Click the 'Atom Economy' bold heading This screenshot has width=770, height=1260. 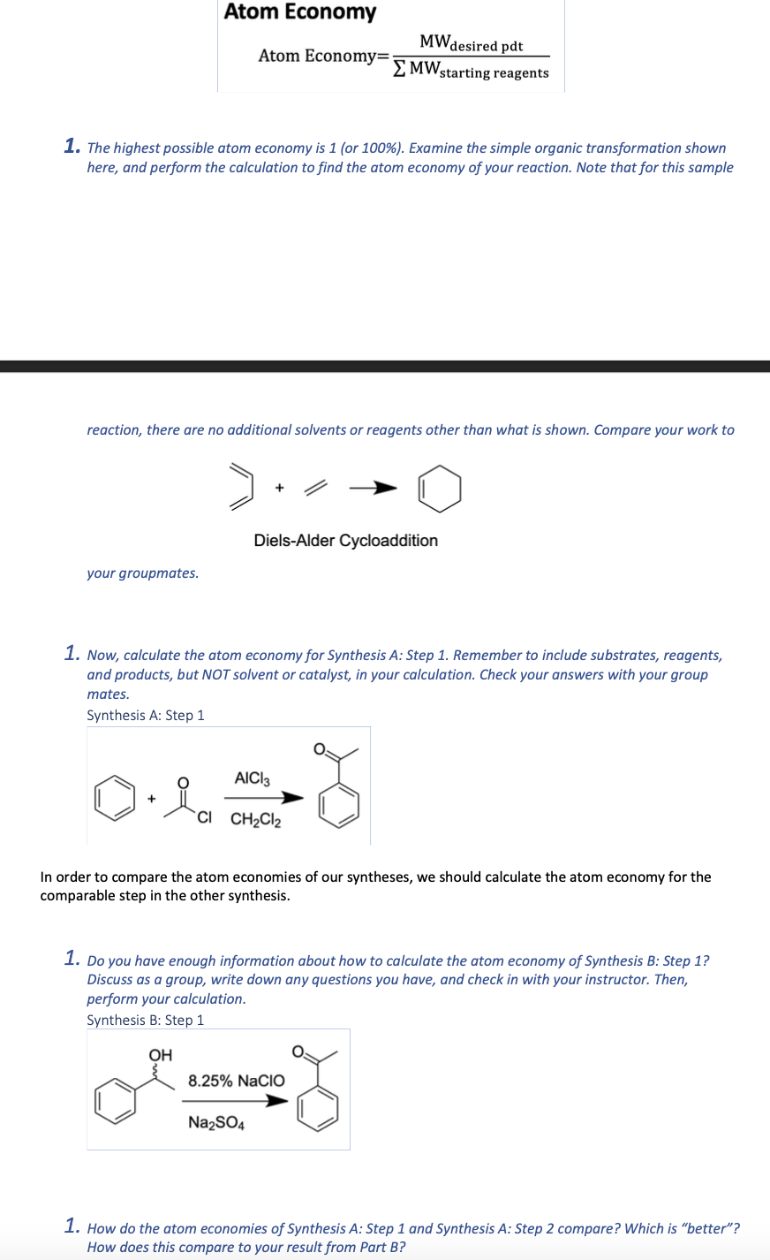pyautogui.click(x=299, y=12)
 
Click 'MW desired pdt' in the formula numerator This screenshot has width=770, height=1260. pyautogui.click(x=471, y=43)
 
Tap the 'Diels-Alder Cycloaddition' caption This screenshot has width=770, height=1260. pyautogui.click(x=345, y=540)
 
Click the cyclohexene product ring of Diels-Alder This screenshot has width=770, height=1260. pyautogui.click(x=440, y=490)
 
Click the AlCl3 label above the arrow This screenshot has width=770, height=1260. pyautogui.click(x=252, y=778)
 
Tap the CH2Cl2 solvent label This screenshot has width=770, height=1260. pyautogui.click(x=255, y=820)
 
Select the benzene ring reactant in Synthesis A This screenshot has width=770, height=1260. pyautogui.click(x=116, y=800)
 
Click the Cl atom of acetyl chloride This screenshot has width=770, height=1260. pyautogui.click(x=204, y=816)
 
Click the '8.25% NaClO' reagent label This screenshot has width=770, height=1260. pyautogui.click(x=236, y=1081)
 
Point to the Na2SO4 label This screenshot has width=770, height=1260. pyautogui.click(x=215, y=1123)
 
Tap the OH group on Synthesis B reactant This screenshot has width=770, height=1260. pyautogui.click(x=160, y=1055)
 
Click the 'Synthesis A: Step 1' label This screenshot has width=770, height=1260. pyautogui.click(x=145, y=715)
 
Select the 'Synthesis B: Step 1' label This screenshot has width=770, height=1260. pyautogui.click(x=145, y=1020)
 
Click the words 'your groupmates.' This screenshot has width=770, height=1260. pyautogui.click(x=142, y=573)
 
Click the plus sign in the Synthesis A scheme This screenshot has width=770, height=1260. pyautogui.click(x=151, y=799)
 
